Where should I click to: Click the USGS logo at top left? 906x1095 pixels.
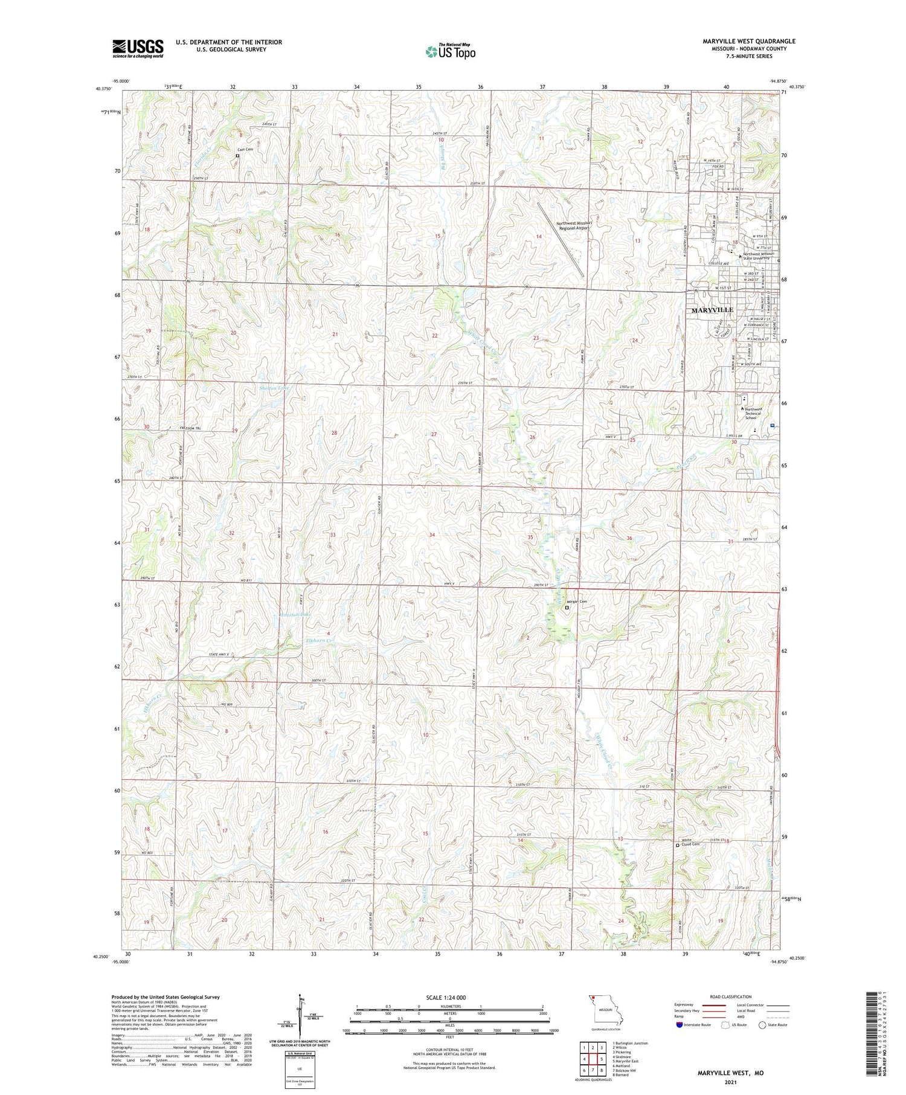[x=138, y=48]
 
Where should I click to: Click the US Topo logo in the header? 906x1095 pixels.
[x=450, y=52]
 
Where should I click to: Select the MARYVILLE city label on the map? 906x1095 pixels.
[x=712, y=310]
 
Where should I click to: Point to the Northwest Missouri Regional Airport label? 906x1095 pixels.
[x=574, y=226]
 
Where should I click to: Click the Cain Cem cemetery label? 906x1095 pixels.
[x=245, y=149]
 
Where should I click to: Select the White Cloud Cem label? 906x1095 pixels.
[x=690, y=844]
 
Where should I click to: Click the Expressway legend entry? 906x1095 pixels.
[x=689, y=1005]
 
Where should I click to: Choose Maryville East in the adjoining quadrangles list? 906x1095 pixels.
[x=625, y=1061]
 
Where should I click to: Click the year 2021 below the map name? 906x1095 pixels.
[x=730, y=1081]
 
